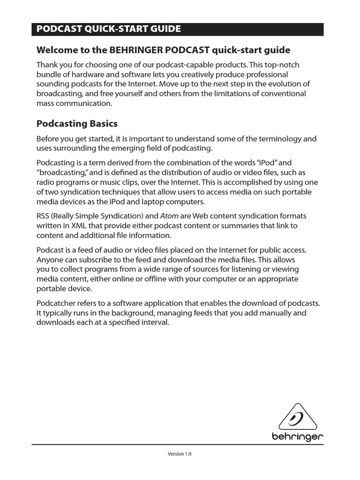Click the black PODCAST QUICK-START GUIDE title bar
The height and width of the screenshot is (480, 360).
(x=177, y=29)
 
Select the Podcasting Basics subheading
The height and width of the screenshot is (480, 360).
(x=77, y=124)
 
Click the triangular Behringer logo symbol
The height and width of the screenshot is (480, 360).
(x=297, y=417)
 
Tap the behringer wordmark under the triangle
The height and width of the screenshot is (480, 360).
(x=298, y=437)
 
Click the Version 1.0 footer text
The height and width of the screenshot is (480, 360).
(x=180, y=454)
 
